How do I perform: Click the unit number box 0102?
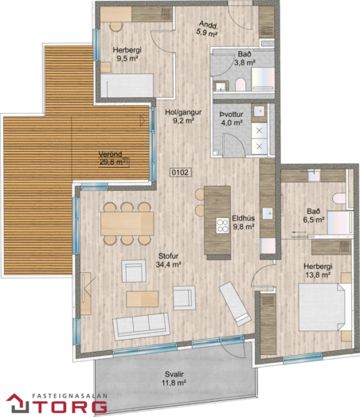(181, 173)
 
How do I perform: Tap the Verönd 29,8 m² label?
(112, 158)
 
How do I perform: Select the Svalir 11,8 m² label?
(174, 379)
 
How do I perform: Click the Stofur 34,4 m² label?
(168, 260)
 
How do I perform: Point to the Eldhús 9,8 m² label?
(244, 222)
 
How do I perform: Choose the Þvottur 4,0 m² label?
(231, 119)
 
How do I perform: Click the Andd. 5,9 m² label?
(208, 29)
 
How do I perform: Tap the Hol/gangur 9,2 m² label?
(183, 116)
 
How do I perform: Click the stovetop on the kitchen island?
(222, 225)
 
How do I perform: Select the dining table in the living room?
(127, 224)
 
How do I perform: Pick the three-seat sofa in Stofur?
(141, 326)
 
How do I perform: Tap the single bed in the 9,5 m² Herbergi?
(127, 85)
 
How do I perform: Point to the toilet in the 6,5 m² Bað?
(339, 199)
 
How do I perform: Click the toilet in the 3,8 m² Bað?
(241, 84)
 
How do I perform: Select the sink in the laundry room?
(259, 111)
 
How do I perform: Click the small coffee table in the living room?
(142, 299)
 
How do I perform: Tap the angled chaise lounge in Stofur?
(235, 304)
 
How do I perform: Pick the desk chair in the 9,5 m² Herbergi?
(116, 26)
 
